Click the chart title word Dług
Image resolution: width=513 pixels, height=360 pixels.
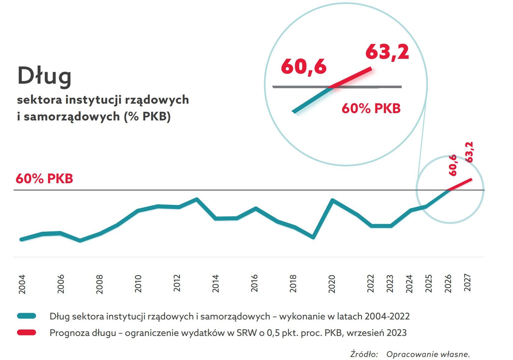point(45,76)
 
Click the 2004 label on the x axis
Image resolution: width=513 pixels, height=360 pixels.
point(22,284)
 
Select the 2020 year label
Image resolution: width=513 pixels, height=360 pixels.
point(332,284)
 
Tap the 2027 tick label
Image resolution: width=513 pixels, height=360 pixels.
point(467,283)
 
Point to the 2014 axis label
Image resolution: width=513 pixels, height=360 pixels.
point(216,283)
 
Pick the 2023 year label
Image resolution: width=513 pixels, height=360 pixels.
point(390,283)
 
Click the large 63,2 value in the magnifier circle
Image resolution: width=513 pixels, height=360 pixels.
point(387,52)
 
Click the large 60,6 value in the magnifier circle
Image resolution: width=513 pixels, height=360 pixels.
point(303,66)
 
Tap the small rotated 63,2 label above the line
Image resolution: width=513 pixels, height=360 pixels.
point(469,152)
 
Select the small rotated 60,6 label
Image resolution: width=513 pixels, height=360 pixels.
point(453,165)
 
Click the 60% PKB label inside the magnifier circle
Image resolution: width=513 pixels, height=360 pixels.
point(371,109)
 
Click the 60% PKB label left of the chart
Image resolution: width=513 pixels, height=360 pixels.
point(44,179)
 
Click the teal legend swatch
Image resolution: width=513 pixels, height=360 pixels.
point(27,316)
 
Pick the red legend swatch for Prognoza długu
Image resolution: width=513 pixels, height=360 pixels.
point(27,332)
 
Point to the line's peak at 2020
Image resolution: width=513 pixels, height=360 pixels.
point(332,200)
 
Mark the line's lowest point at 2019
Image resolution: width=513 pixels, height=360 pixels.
point(313,237)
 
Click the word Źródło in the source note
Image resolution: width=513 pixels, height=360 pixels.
point(364,354)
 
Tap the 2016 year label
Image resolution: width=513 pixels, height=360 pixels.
point(254,283)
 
